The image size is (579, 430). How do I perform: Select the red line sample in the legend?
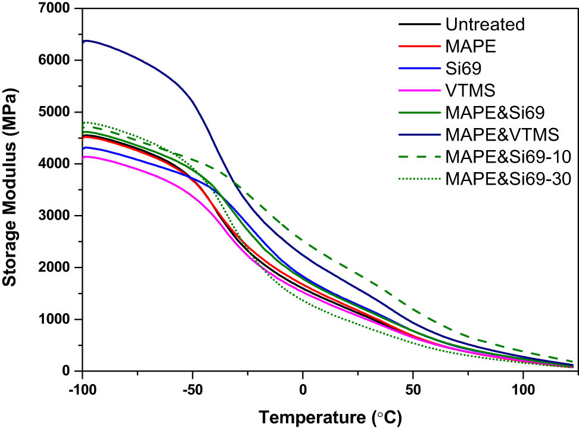pos(418,43)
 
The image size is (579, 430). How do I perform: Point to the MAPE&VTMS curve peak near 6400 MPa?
pos(88,40)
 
